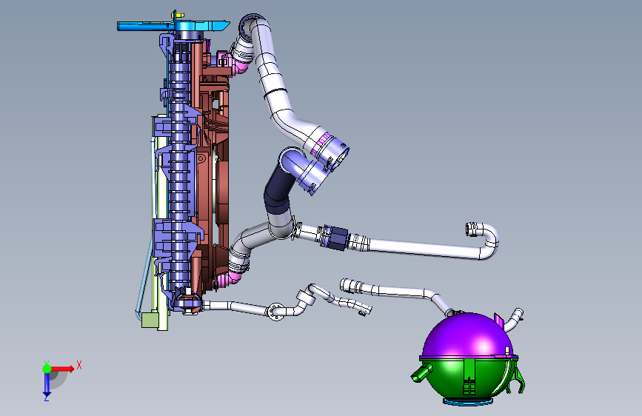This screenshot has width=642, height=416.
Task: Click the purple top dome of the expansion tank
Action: coord(467,336)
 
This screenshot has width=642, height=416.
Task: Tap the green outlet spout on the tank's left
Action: coord(422,372)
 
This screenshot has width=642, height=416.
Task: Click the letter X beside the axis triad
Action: coord(79,365)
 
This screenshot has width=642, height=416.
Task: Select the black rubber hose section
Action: coord(278,188)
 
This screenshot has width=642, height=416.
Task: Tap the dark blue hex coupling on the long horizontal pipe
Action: coord(337,238)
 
